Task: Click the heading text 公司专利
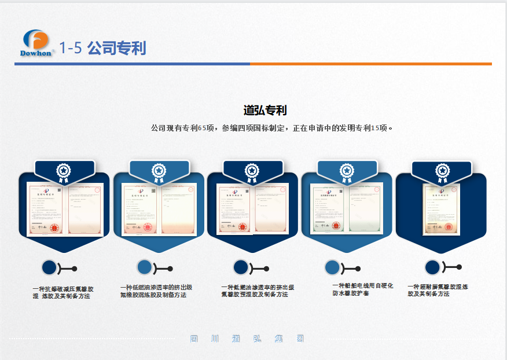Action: (x=116, y=48)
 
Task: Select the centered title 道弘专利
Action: (x=265, y=110)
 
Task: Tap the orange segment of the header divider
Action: (x=370, y=64)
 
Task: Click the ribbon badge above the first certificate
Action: (x=63, y=171)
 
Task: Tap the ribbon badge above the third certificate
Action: (x=251, y=171)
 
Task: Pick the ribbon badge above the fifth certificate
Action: (x=442, y=171)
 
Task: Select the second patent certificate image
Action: (x=159, y=210)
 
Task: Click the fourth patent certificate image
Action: (x=346, y=208)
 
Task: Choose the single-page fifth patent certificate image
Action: (x=441, y=210)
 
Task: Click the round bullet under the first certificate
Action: (x=49, y=267)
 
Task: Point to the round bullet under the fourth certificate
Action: (x=332, y=267)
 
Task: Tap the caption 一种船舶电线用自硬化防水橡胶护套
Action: (x=363, y=289)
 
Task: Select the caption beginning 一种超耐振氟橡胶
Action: (x=438, y=290)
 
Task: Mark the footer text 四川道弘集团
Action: (x=247, y=339)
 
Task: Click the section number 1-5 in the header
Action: (x=71, y=48)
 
